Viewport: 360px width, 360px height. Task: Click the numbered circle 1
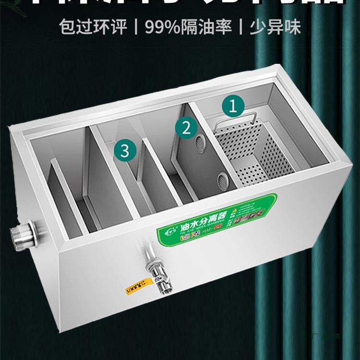pyautogui.click(x=233, y=107)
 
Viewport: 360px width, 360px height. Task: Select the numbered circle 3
pyautogui.click(x=125, y=151)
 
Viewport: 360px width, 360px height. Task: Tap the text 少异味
pyautogui.click(x=275, y=27)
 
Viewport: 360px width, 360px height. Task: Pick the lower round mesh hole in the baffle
pyautogui.click(x=222, y=180)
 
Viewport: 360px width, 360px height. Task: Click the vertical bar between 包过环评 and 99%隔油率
pyautogui.click(x=136, y=27)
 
